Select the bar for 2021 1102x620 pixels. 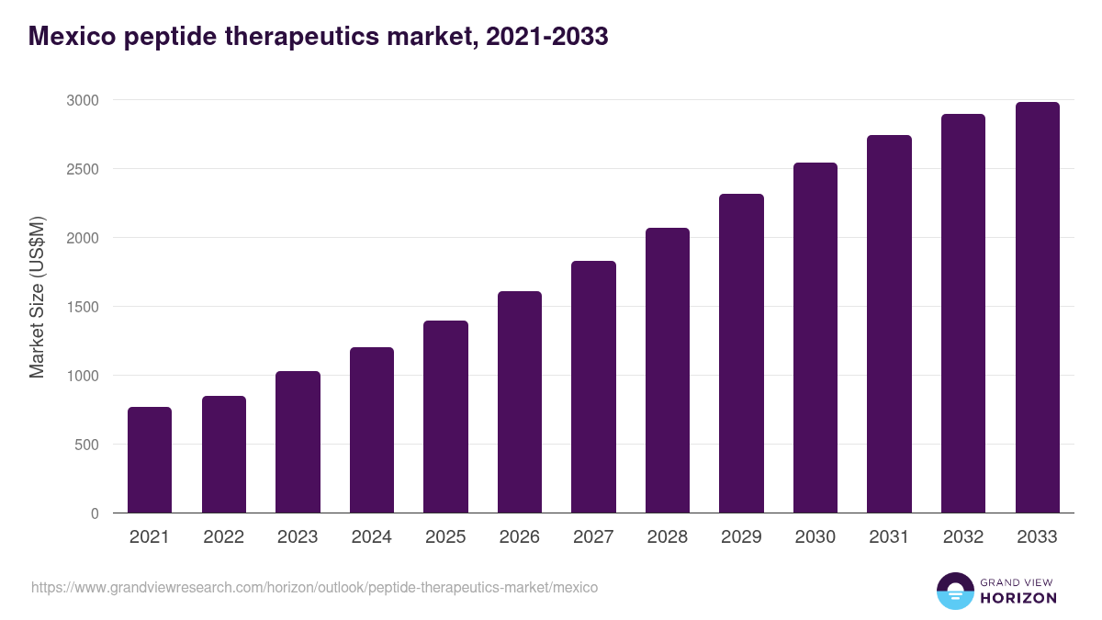point(150,459)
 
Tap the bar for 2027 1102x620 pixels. point(593,387)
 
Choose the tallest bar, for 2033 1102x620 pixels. point(1037,307)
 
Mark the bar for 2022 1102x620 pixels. point(224,454)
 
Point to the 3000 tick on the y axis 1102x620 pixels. point(82,100)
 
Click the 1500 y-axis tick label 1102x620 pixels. point(82,307)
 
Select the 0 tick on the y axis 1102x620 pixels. point(95,513)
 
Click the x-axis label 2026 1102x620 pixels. point(520,537)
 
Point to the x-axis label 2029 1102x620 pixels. point(741,537)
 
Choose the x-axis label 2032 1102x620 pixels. point(963,537)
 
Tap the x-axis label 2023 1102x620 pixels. point(298,537)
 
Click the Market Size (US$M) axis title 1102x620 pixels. point(37,296)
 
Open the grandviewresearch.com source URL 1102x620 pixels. point(314,587)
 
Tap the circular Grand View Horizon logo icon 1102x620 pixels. point(955,591)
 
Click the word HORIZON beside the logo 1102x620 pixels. point(1019,598)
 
